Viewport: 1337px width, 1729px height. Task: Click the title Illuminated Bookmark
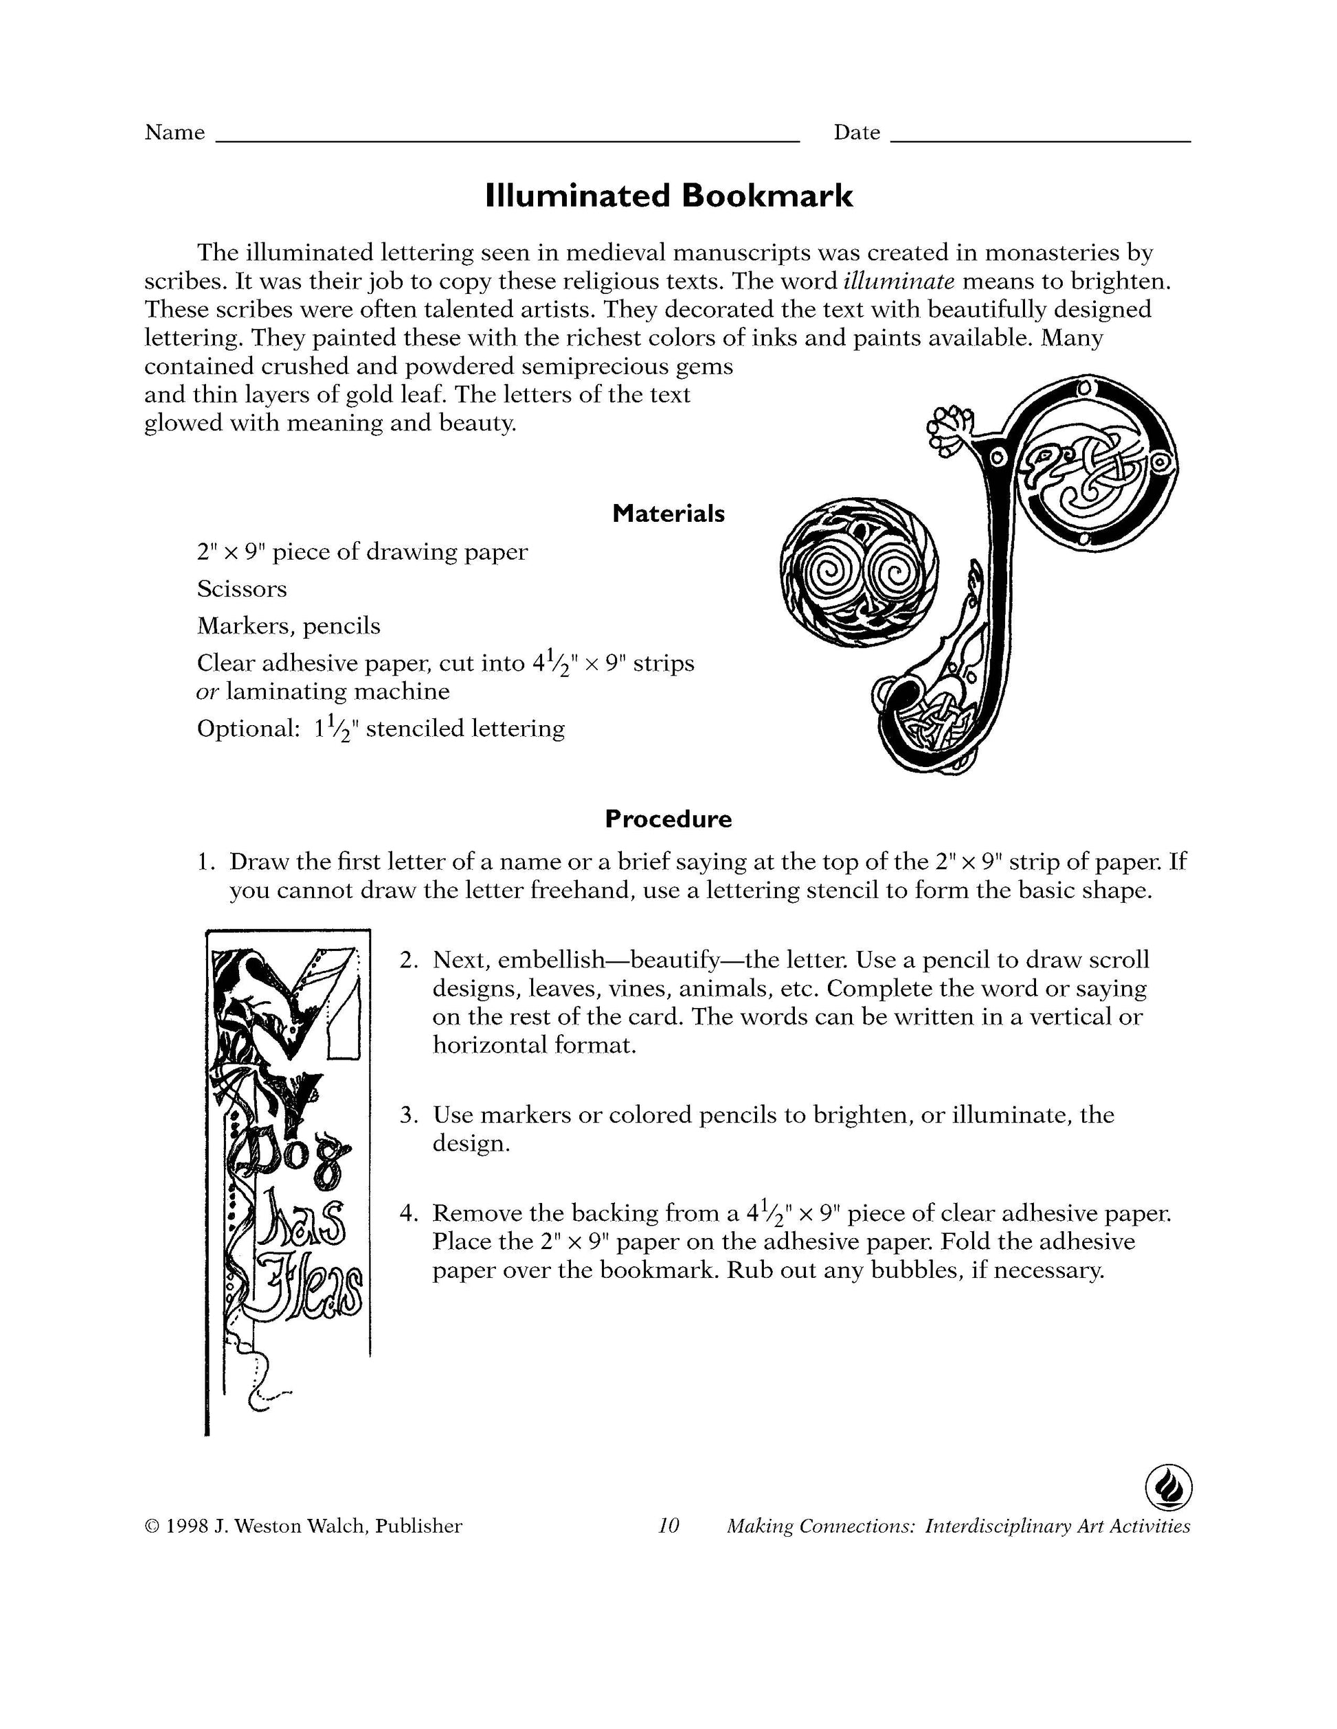pos(668,196)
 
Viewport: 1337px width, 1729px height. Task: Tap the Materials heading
pos(668,514)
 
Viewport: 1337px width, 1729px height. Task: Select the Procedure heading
pos(668,818)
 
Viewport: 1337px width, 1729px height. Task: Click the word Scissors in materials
pos(242,589)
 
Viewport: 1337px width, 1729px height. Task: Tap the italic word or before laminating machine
pos(207,692)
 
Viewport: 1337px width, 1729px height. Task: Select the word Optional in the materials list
pos(244,729)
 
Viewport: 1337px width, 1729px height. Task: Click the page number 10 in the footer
pos(668,1526)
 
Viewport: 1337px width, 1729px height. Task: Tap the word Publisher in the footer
pos(418,1526)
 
